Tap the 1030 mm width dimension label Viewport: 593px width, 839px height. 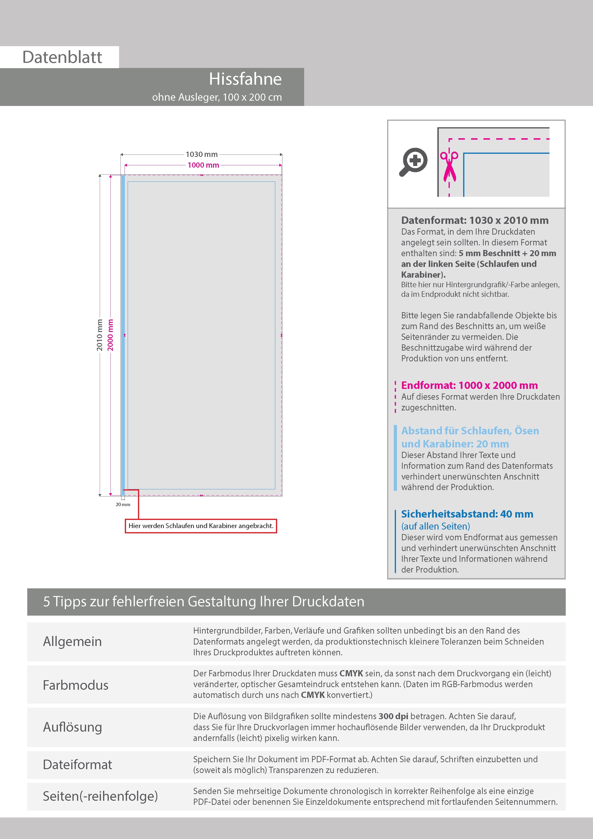(x=201, y=154)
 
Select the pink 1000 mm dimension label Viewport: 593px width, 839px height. (x=203, y=165)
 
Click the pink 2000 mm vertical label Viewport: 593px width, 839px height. (x=110, y=335)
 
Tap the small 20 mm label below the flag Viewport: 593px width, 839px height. (x=123, y=504)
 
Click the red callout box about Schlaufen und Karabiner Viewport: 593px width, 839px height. (x=201, y=526)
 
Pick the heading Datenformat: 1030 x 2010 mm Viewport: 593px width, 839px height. (x=475, y=220)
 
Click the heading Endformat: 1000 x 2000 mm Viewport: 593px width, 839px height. (x=469, y=385)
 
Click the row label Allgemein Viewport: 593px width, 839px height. (x=72, y=641)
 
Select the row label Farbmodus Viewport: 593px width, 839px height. (x=76, y=685)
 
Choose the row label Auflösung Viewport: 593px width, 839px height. (x=72, y=727)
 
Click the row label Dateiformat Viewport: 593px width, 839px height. (x=77, y=764)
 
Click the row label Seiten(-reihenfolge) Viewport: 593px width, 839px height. (x=100, y=796)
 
